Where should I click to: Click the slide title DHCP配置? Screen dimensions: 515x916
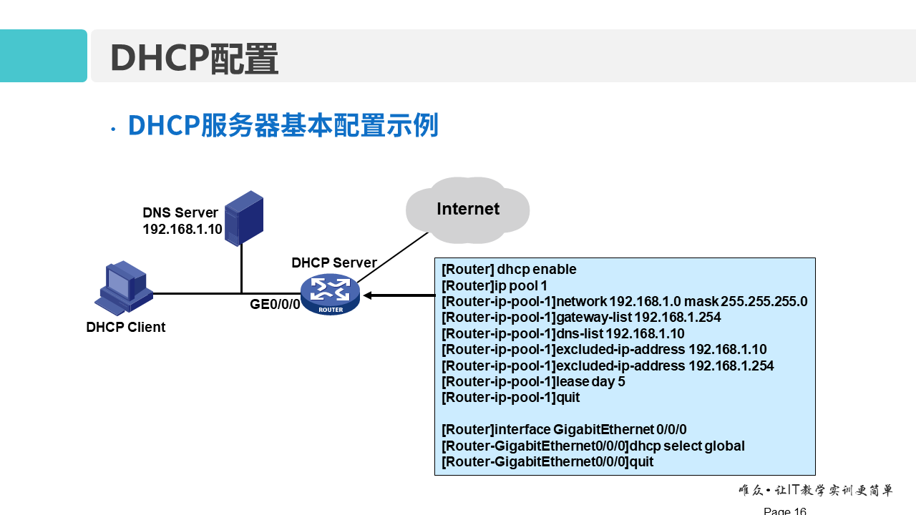pos(194,58)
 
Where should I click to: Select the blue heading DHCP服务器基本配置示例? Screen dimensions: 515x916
pos(283,126)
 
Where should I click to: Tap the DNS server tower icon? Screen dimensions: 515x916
pos(243,218)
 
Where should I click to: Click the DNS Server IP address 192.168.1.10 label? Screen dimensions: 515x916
pos(182,230)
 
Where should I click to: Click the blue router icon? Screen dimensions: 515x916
pos(330,294)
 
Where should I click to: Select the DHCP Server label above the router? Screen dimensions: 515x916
pos(333,263)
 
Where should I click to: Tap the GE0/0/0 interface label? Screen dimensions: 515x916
pos(275,305)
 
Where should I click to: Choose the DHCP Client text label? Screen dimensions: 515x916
pos(125,328)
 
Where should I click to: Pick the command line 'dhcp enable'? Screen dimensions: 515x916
pos(509,270)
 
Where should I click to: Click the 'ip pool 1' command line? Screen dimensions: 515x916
pos(494,285)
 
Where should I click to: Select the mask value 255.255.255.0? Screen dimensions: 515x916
pos(764,302)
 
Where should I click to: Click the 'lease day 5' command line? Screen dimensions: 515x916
pos(533,382)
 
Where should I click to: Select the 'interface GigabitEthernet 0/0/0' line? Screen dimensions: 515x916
pos(564,430)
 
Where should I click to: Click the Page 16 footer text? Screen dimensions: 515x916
pos(784,511)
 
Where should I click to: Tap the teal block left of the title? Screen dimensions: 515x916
pos(43,56)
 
